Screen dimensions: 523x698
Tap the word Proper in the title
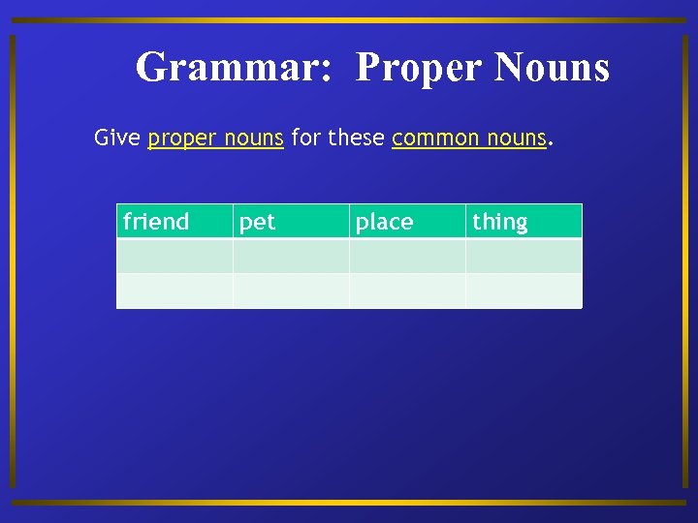point(419,68)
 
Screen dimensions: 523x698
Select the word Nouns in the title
point(552,68)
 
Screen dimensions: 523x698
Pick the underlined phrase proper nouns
point(215,138)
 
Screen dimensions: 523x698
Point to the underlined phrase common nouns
point(469,138)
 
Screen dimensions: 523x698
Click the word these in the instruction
point(356,138)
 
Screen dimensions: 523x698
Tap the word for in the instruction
point(305,138)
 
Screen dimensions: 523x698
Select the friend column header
point(156,222)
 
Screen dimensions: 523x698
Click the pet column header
point(258,222)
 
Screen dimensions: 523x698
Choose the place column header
point(384,222)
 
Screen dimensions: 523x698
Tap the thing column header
point(500,222)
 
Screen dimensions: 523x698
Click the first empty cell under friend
point(174,256)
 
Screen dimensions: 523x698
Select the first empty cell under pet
point(291,256)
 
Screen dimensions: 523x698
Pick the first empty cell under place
point(407,256)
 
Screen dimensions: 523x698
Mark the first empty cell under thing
point(523,256)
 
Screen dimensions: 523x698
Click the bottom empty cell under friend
point(174,291)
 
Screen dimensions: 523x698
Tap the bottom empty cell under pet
point(291,291)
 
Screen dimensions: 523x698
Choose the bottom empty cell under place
point(407,291)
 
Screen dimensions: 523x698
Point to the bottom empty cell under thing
point(523,291)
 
